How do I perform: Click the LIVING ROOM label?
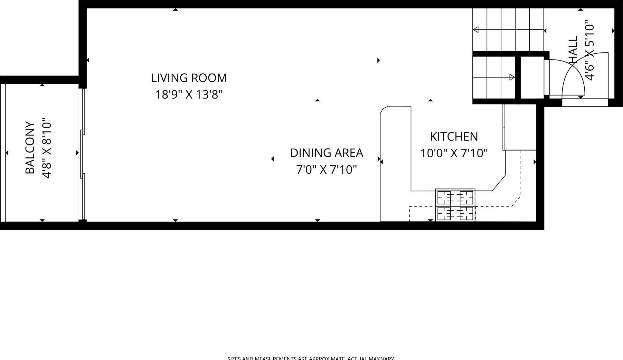pyautogui.click(x=189, y=78)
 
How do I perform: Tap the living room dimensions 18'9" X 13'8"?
pyautogui.click(x=189, y=95)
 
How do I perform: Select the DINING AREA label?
pyautogui.click(x=326, y=153)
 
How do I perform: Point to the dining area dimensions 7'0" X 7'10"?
pyautogui.click(x=326, y=170)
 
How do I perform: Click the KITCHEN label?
pyautogui.click(x=454, y=137)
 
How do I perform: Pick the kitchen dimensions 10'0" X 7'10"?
pyautogui.click(x=454, y=153)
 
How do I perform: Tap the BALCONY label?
pyautogui.click(x=30, y=148)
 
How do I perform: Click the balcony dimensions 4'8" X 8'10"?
pyautogui.click(x=47, y=148)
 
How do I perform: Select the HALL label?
pyautogui.click(x=573, y=50)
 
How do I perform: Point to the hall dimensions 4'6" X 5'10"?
pyautogui.click(x=590, y=51)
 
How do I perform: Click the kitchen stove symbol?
pyautogui.click(x=455, y=205)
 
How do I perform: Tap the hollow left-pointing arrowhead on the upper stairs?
pyautogui.click(x=476, y=30)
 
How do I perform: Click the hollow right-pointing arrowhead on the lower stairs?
pyautogui.click(x=512, y=77)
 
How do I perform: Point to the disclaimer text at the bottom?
pyautogui.click(x=310, y=358)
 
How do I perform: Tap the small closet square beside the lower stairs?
pyautogui.click(x=532, y=77)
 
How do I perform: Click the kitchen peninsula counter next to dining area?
pyautogui.click(x=395, y=161)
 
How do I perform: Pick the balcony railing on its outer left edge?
pyautogui.click(x=3, y=153)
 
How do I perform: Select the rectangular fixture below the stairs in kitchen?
pyautogui.click(x=520, y=127)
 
